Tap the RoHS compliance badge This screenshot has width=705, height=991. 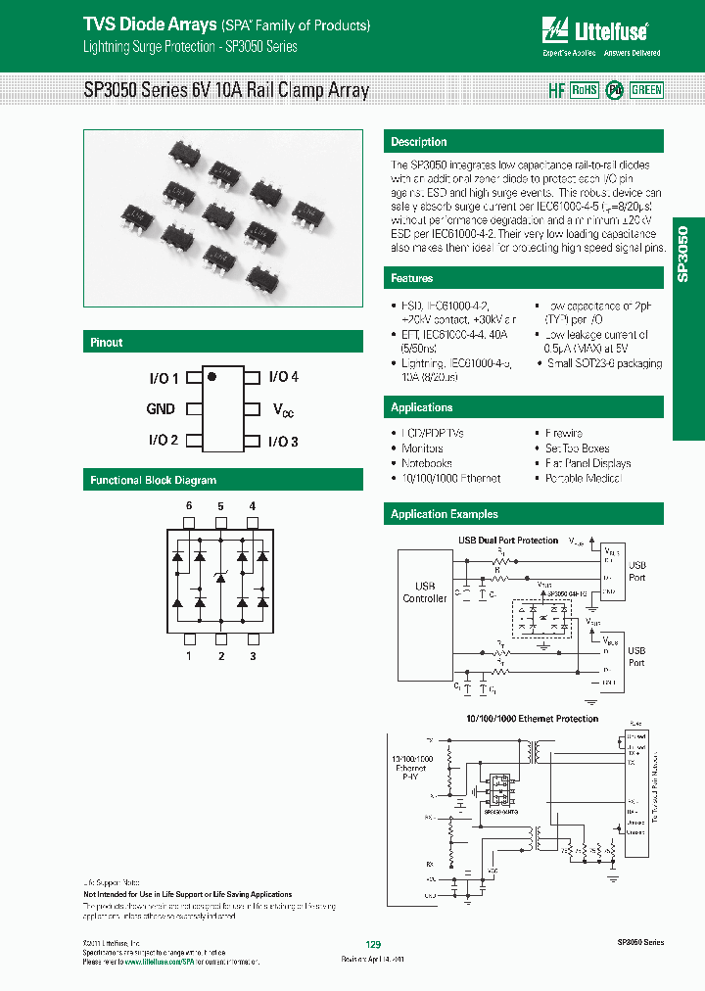(x=584, y=90)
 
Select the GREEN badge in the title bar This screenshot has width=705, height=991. (x=646, y=90)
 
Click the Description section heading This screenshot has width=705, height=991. (x=419, y=142)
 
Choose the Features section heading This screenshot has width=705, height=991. (x=412, y=279)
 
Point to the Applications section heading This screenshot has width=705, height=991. (x=422, y=407)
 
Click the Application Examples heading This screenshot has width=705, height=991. (x=445, y=514)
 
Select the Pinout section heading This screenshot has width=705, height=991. (x=107, y=343)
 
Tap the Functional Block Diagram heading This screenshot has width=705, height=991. (x=154, y=481)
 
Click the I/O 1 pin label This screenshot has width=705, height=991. (x=164, y=377)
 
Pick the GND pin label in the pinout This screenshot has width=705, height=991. (x=161, y=409)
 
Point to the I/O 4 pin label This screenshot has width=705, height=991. (x=283, y=377)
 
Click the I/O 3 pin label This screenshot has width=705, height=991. (x=283, y=442)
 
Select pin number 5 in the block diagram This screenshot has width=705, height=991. (x=220, y=506)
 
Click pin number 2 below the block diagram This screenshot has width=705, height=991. (x=220, y=656)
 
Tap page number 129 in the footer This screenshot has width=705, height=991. (x=372, y=945)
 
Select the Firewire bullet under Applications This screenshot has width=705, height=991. (x=563, y=433)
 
